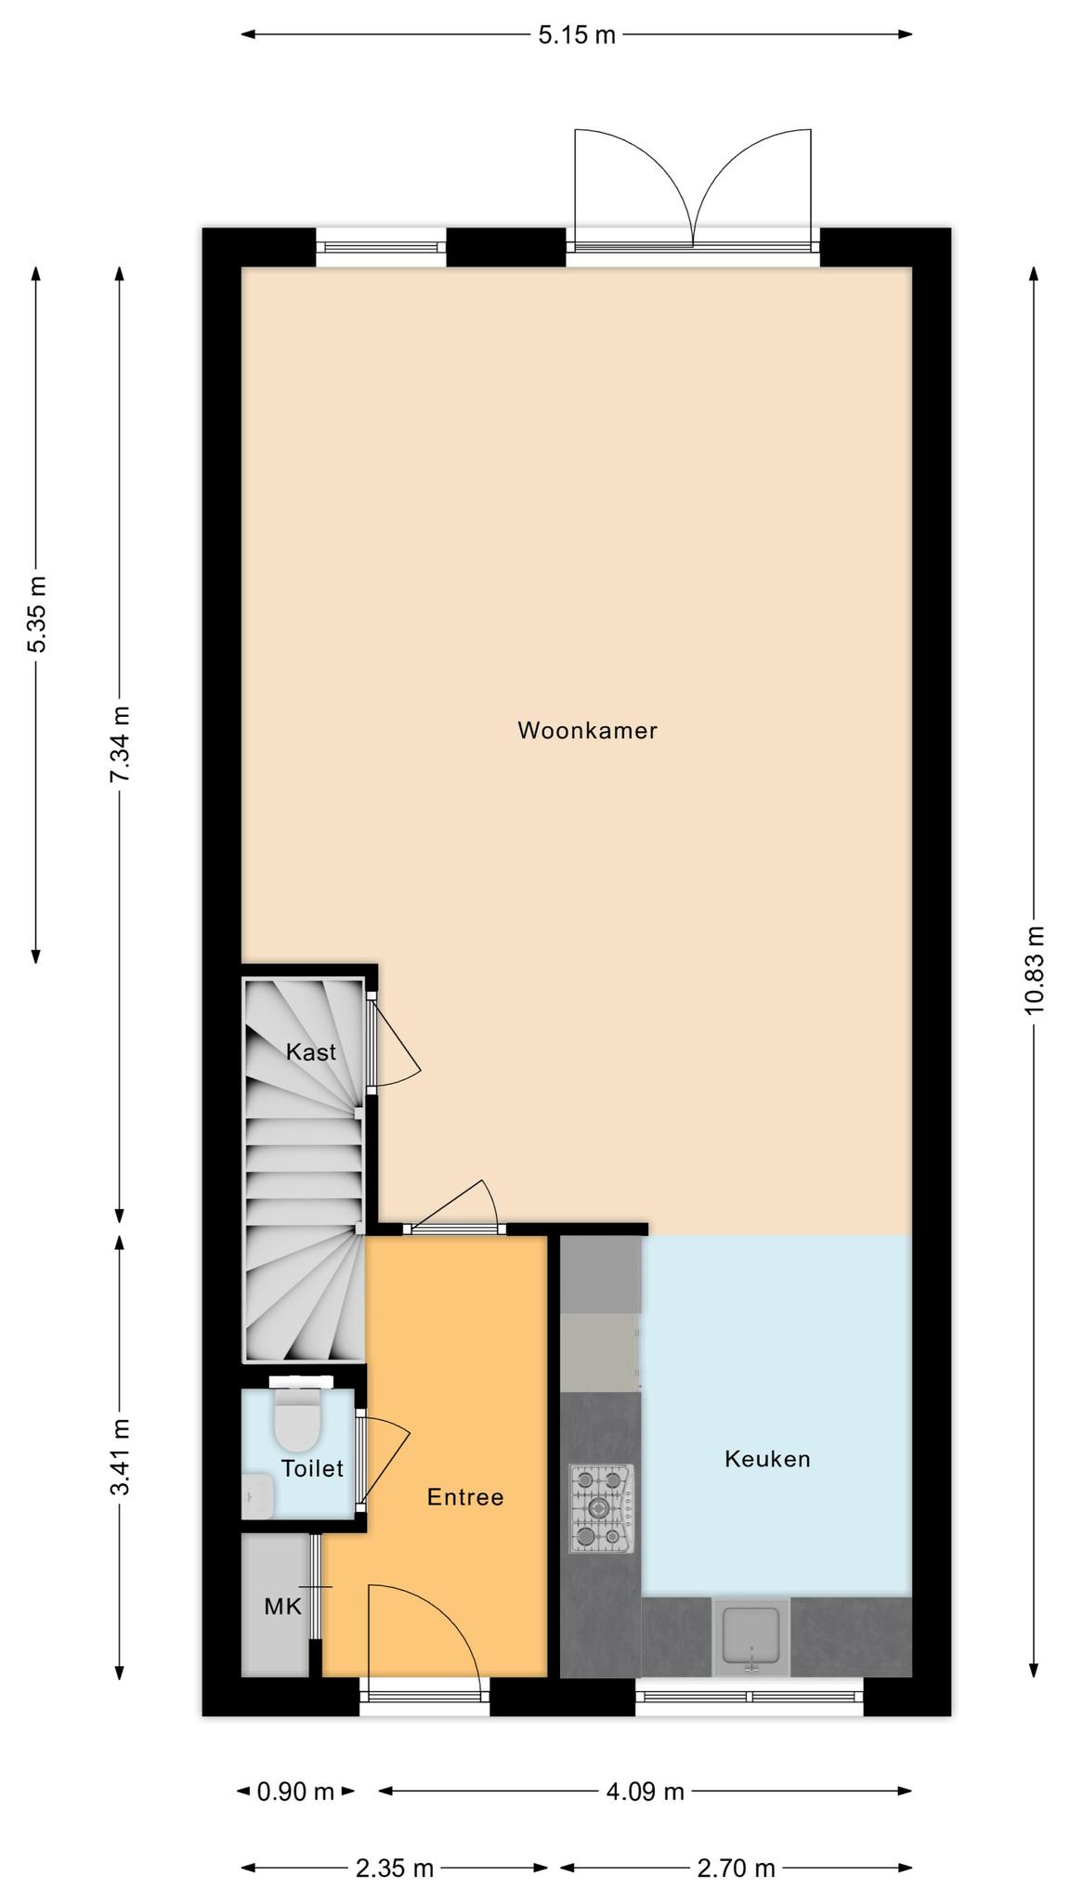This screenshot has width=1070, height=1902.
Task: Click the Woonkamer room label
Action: (587, 731)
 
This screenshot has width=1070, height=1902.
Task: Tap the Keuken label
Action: (767, 1459)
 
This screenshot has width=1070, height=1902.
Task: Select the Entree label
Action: (465, 1497)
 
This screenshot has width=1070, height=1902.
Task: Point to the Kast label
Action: (311, 1052)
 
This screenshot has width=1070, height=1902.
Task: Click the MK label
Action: (283, 1606)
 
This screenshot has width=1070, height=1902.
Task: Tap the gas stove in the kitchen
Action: (602, 1508)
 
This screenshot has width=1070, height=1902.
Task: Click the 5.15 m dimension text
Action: (577, 35)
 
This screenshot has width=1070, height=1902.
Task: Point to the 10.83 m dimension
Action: (1035, 970)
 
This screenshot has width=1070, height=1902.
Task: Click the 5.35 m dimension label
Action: (37, 614)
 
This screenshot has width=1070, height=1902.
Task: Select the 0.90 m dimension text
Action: (295, 1791)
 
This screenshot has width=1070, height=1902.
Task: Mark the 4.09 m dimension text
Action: (646, 1791)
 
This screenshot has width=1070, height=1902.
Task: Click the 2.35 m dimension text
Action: (395, 1868)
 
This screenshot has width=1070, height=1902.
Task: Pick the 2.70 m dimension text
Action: (736, 1868)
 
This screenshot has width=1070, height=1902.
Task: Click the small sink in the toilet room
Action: (257, 1496)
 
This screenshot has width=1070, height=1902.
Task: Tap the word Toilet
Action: (312, 1468)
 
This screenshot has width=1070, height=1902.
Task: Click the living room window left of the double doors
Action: (381, 247)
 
